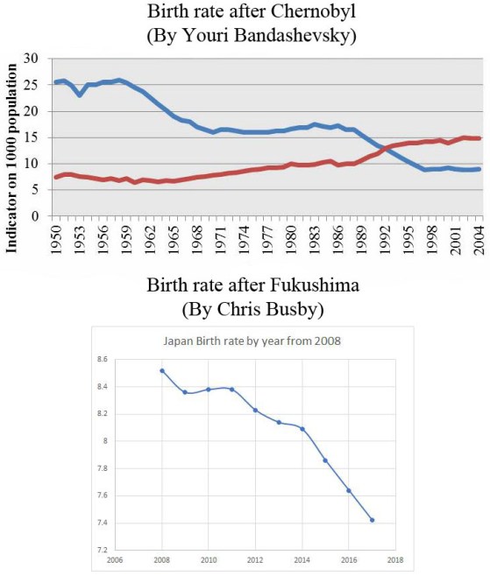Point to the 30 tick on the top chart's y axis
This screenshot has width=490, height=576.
point(32,58)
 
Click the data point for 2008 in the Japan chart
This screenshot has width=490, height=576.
point(161,370)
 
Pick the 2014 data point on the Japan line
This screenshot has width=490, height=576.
point(302,429)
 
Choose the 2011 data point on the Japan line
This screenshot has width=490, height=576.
point(231,390)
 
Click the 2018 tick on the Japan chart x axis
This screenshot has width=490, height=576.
point(395,560)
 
